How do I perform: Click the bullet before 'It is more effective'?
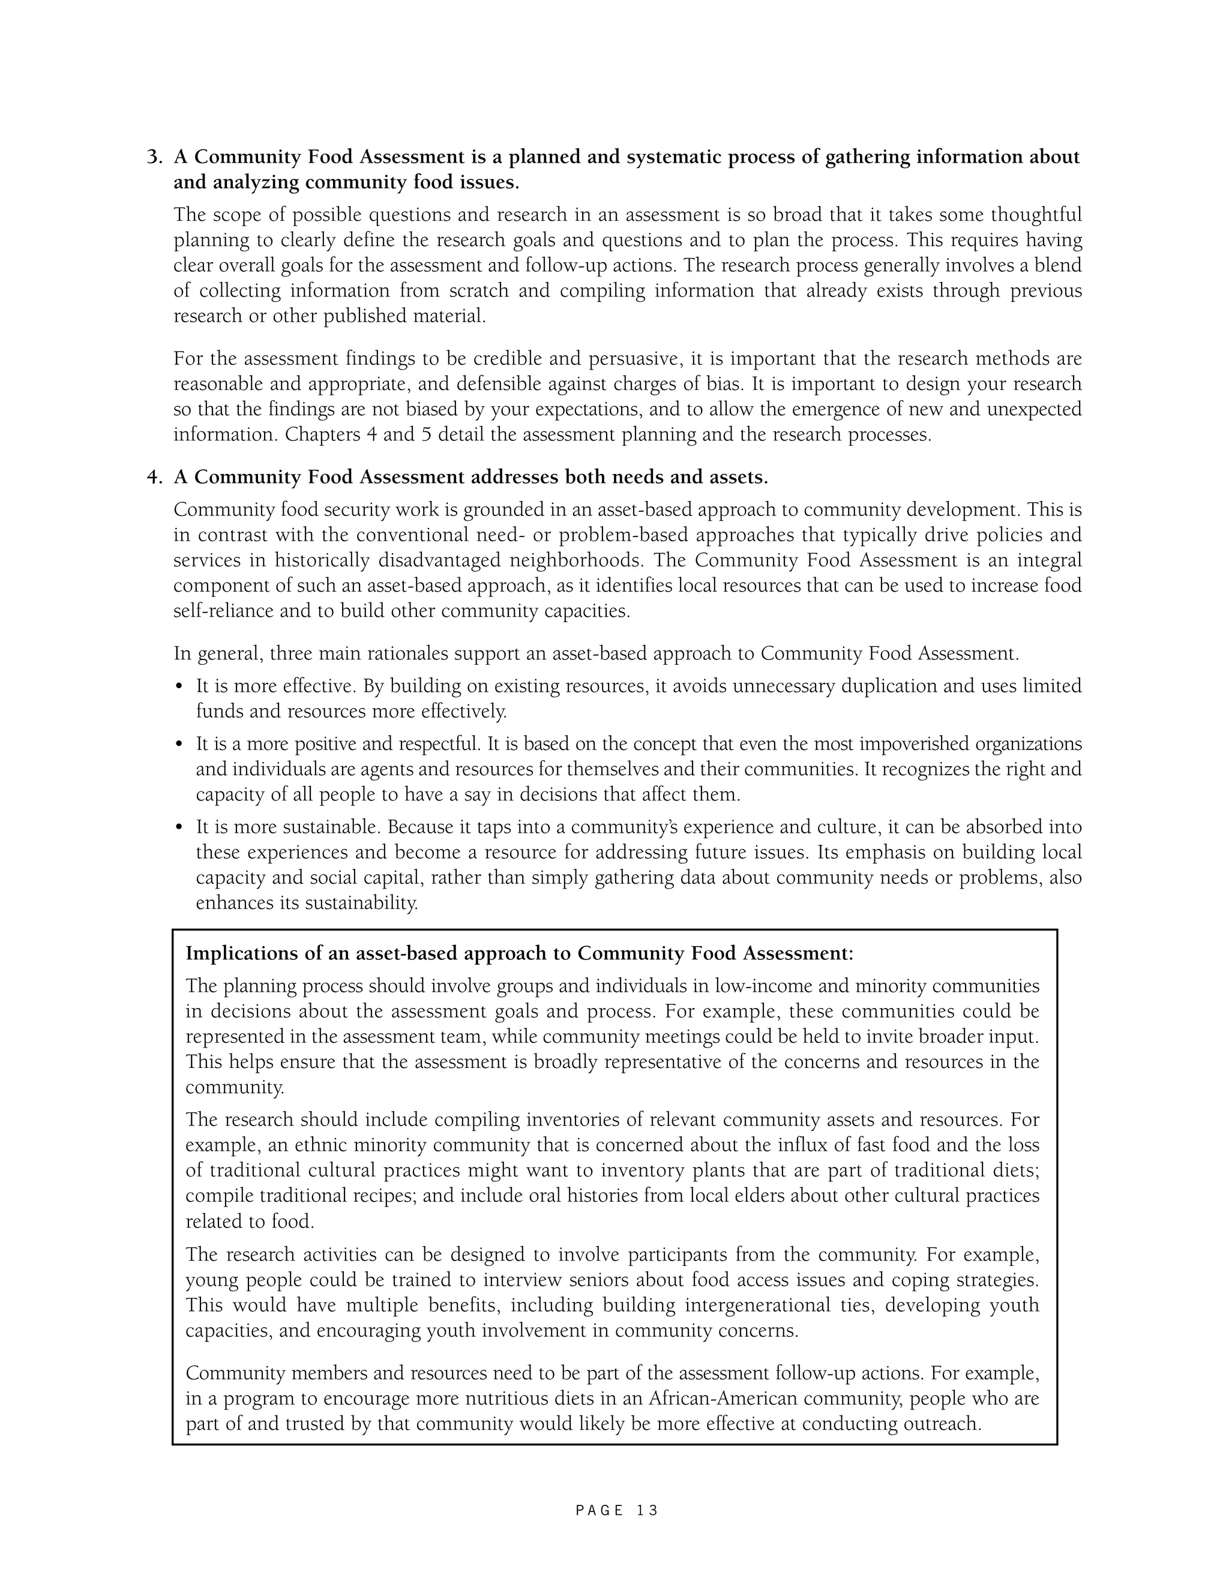point(179,687)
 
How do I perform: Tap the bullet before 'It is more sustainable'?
point(179,829)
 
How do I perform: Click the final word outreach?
point(942,1424)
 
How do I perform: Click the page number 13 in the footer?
point(646,1511)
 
